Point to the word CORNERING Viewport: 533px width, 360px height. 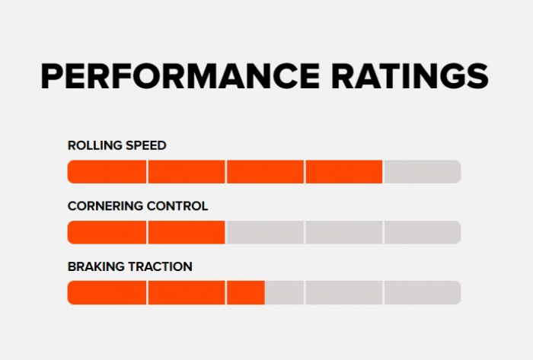[106, 206]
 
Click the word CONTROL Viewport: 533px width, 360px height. [178, 206]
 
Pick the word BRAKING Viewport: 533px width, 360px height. [92, 266]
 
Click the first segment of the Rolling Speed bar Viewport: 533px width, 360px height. [107, 172]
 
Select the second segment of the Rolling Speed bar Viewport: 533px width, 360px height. [187, 172]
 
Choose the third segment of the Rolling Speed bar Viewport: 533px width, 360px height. [265, 172]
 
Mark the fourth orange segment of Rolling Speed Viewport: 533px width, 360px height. [343, 172]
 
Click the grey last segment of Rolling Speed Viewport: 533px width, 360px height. [423, 172]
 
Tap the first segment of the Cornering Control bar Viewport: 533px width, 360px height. [107, 232]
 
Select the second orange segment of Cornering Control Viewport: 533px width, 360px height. [187, 232]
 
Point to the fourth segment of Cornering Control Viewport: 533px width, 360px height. [343, 232]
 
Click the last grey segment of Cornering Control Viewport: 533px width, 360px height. [423, 232]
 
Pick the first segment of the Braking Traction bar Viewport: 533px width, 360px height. [107, 292]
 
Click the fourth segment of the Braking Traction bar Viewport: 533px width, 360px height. [343, 292]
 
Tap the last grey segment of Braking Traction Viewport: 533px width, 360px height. [423, 292]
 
